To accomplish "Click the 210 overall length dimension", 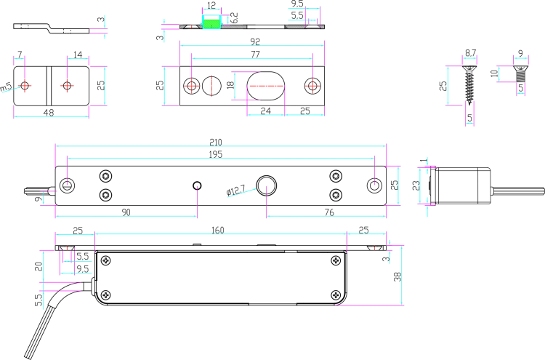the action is point(216,142).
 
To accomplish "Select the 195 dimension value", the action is point(216,154).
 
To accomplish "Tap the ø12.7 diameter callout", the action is point(235,191).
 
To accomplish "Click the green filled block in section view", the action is point(211,24).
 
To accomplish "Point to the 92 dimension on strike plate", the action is point(255,41).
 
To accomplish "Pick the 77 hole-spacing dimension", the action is point(255,55).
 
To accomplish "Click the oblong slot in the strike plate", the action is point(266,86).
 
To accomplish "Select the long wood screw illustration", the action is point(470,85).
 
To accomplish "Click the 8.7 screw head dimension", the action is point(470,53).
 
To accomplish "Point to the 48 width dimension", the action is point(48,112).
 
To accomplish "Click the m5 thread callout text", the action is point(7,87).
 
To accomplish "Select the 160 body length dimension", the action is point(217,230).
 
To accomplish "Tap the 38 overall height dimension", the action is point(397,276).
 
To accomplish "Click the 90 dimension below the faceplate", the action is point(126,212).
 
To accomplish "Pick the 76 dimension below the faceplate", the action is point(328,212).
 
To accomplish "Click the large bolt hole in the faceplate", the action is point(266,185).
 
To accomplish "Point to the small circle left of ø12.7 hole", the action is point(197,185).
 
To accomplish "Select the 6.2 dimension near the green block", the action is point(234,17).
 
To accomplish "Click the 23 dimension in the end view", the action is point(416,185).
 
